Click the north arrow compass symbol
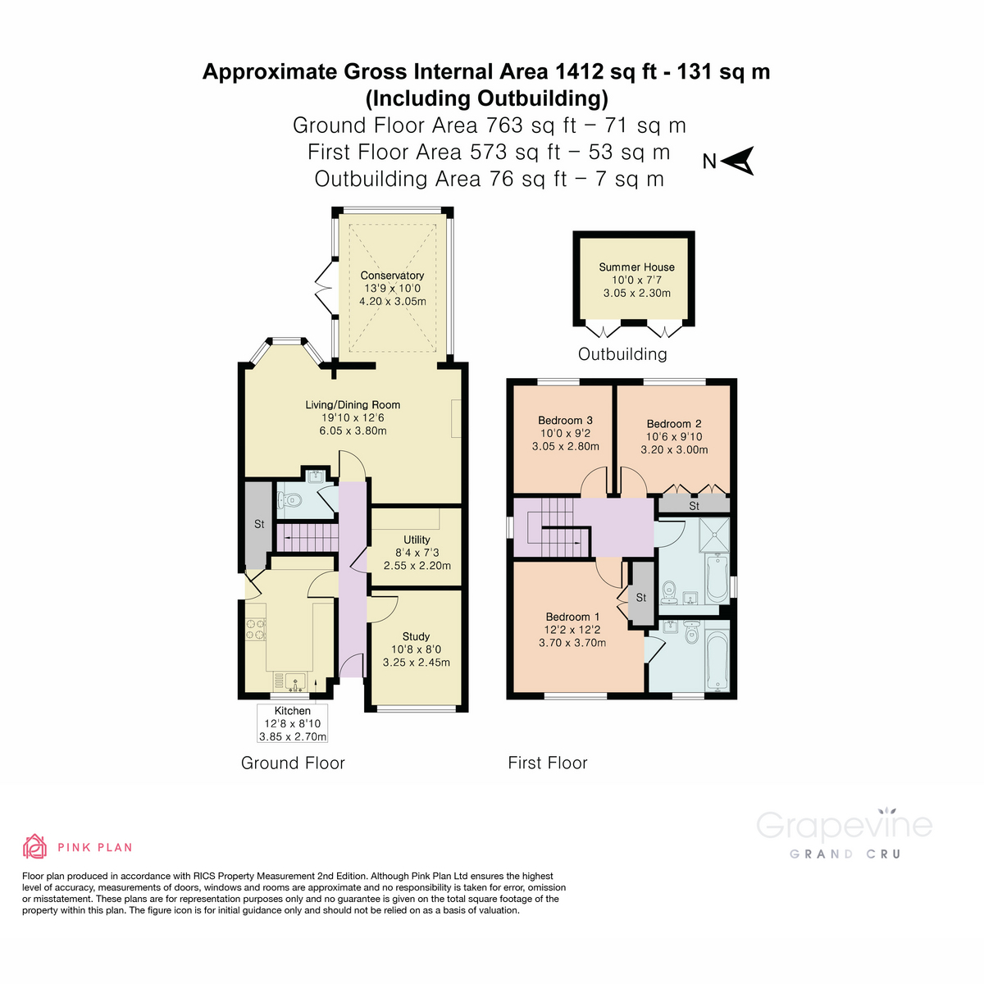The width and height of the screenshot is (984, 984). pyautogui.click(x=740, y=162)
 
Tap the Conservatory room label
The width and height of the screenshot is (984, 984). pyautogui.click(x=392, y=276)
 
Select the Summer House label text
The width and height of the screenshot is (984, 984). pyautogui.click(x=636, y=266)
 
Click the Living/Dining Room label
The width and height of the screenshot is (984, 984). pyautogui.click(x=353, y=404)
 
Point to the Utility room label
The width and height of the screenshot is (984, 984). pyautogui.click(x=417, y=540)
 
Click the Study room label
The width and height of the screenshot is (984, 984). pyautogui.click(x=416, y=636)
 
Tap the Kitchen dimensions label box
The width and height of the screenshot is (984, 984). pyautogui.click(x=293, y=723)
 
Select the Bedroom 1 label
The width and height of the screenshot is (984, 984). pyautogui.click(x=572, y=617)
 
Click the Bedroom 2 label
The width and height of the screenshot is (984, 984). pyautogui.click(x=674, y=424)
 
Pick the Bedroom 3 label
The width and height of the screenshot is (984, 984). pyautogui.click(x=565, y=420)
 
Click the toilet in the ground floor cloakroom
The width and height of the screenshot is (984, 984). pyautogui.click(x=291, y=499)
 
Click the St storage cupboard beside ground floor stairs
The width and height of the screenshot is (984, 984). pyautogui.click(x=258, y=524)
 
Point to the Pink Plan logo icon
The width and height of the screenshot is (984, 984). pyautogui.click(x=34, y=845)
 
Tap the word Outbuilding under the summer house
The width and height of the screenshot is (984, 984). pyautogui.click(x=622, y=354)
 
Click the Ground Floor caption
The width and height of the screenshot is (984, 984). pyautogui.click(x=293, y=763)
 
